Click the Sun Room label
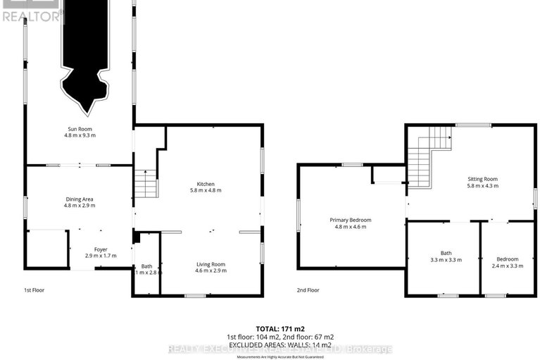tap(79, 129)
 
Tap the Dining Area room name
tap(79, 199)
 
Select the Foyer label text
tap(100, 249)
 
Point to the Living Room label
tap(210, 264)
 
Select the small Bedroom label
tap(506, 259)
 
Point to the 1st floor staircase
tap(145, 184)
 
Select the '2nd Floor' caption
tap(308, 290)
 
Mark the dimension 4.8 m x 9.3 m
tap(79, 135)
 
